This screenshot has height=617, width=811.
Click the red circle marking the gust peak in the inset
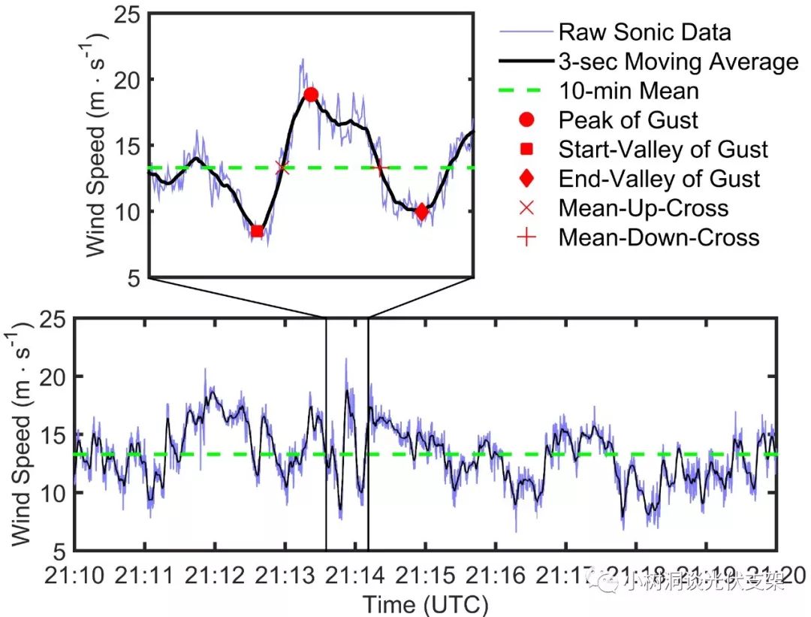point(311,95)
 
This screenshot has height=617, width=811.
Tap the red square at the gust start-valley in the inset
point(257,231)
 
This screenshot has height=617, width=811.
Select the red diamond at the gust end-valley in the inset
point(421,212)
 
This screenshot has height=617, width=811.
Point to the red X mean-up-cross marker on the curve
point(282,167)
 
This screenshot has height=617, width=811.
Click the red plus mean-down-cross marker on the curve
point(379,166)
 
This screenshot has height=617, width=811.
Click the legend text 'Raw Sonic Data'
point(644,32)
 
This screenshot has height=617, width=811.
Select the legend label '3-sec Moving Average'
point(678,62)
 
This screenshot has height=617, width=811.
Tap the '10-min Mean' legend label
point(629,91)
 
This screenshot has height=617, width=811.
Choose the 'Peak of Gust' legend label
point(628,120)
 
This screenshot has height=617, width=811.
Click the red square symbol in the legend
point(526,150)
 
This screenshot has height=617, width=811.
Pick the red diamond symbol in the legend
point(526,179)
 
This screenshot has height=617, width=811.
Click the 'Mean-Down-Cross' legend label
point(659,237)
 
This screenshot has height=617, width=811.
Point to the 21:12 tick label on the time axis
point(215,578)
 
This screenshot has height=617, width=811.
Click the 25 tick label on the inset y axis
point(131,14)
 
